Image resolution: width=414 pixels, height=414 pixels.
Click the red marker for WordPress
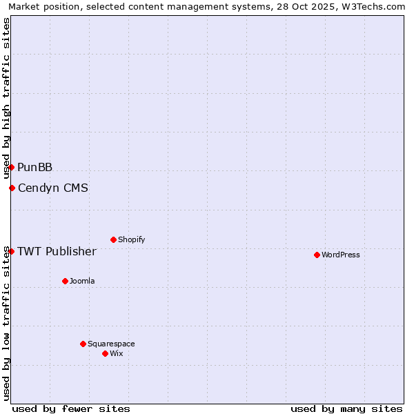pos(317,255)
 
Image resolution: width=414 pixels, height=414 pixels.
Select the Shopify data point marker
pos(113,239)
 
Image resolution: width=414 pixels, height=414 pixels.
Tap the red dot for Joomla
pos(65,281)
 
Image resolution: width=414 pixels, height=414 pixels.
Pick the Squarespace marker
pos(83,344)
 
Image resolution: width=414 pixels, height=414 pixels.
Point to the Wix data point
pos(105,353)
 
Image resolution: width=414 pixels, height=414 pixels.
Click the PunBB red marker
pos(11,167)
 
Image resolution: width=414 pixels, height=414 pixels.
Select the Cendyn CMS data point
pos(12,188)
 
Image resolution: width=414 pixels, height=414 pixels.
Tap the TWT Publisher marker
pos(11,251)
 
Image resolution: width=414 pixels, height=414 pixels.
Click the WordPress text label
pos(341,255)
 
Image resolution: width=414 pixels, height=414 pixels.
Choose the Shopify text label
pos(132,239)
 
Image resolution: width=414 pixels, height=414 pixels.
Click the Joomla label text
pos(82,281)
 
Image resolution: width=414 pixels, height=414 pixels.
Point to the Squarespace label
pos(111,344)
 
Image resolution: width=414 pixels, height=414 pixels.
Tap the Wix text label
pos(117,353)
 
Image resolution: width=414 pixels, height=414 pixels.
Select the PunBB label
pos(34,167)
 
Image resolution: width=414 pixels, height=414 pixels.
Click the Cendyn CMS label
pos(53,188)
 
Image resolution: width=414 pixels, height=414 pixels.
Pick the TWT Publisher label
pos(57,251)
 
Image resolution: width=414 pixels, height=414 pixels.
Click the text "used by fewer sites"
pos(71,408)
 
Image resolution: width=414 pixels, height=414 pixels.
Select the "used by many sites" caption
pos(346,408)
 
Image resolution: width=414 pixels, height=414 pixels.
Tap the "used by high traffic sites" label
pos(6,98)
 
